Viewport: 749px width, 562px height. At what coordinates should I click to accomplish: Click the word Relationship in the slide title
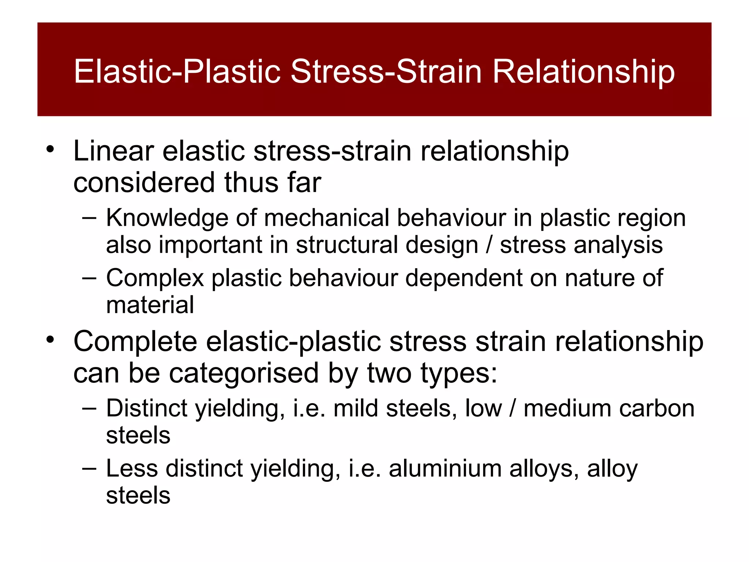(x=583, y=72)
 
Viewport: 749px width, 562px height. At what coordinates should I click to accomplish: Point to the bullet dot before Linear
(x=50, y=149)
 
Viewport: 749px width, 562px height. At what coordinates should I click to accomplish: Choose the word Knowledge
(x=167, y=218)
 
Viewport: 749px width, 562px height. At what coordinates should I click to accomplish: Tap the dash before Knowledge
(x=89, y=218)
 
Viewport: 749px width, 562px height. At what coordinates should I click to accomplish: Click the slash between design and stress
(x=489, y=245)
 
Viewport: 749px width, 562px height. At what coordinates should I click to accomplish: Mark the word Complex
(x=155, y=278)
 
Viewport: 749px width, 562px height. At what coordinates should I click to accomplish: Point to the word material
(x=150, y=305)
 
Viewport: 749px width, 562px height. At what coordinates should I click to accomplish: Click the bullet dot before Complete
(x=50, y=340)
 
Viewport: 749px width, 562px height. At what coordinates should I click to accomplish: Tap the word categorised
(x=244, y=373)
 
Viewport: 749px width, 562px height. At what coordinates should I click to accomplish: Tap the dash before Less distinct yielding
(x=89, y=469)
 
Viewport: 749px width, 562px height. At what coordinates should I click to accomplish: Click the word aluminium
(x=445, y=469)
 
